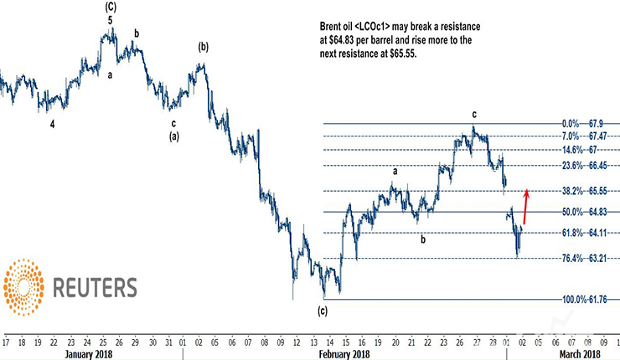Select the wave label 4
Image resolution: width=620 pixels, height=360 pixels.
click(x=52, y=123)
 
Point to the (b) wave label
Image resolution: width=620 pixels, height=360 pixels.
click(x=203, y=47)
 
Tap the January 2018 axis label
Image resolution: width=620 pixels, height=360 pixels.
click(x=90, y=354)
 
